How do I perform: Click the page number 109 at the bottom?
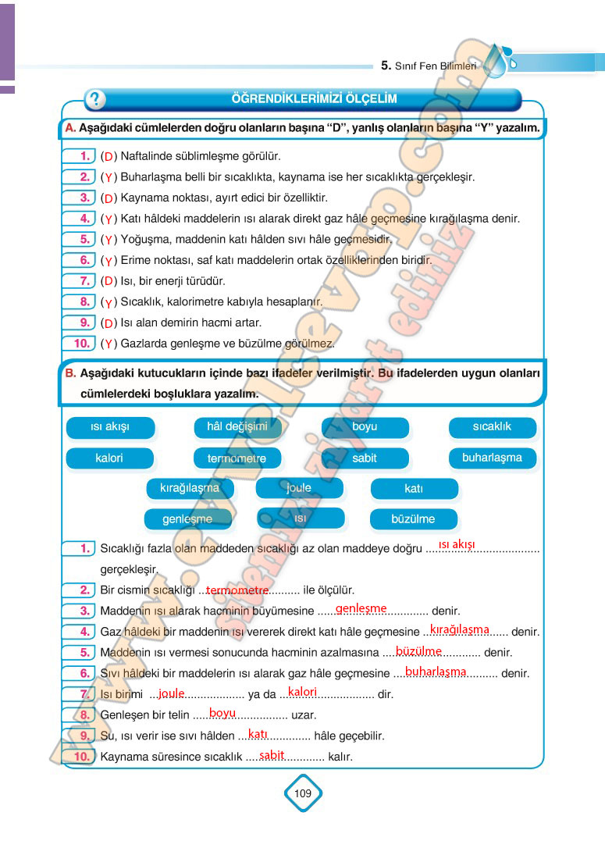(303, 793)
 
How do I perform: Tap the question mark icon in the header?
(94, 99)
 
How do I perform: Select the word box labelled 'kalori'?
(109, 458)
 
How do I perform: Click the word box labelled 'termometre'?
(237, 458)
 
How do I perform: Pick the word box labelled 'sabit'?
(365, 458)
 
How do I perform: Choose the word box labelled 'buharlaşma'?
(493, 458)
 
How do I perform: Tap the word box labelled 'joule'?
(299, 488)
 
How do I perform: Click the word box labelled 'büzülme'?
(414, 518)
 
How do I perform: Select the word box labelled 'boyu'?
(365, 427)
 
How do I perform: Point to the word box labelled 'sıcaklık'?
(493, 426)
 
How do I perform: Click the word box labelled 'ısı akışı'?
(110, 427)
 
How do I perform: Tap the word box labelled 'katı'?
(414, 489)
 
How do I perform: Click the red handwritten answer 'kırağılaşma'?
(460, 629)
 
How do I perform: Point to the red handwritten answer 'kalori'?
(302, 692)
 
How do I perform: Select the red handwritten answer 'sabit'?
(272, 755)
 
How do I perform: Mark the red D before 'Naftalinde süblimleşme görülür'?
(109, 157)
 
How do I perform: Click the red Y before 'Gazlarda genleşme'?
(109, 344)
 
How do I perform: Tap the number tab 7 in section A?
(81, 281)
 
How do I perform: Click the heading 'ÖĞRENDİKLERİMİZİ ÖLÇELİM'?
(315, 99)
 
